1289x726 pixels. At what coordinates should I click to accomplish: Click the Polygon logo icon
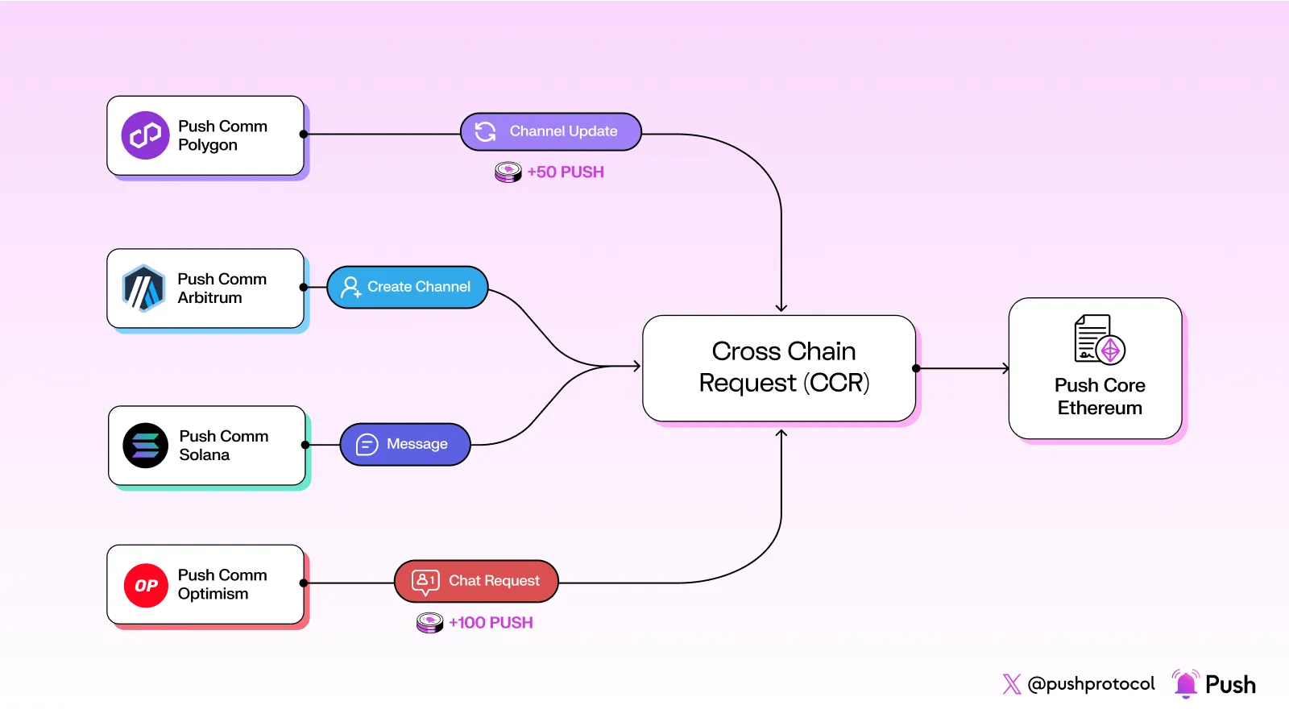pyautogui.click(x=145, y=135)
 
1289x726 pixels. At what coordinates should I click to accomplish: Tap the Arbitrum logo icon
pyautogui.click(x=143, y=288)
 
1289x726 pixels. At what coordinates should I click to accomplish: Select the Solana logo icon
pyautogui.click(x=145, y=446)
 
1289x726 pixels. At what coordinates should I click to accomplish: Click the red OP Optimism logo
pyautogui.click(x=146, y=585)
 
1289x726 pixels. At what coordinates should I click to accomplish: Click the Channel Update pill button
pyautogui.click(x=551, y=131)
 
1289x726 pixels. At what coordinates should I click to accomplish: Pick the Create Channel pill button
pyautogui.click(x=408, y=287)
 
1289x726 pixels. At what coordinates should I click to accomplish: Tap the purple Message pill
pyautogui.click(x=405, y=444)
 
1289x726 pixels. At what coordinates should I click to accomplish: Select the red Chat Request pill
pyautogui.click(x=476, y=581)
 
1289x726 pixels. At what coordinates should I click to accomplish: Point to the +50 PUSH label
pyautogui.click(x=565, y=172)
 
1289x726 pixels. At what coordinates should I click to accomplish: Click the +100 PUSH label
pyautogui.click(x=491, y=623)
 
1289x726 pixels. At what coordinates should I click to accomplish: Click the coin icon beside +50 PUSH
pyautogui.click(x=508, y=172)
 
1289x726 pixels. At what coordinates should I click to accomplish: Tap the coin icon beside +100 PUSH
pyautogui.click(x=429, y=623)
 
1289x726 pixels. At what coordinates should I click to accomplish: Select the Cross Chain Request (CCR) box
pyautogui.click(x=779, y=367)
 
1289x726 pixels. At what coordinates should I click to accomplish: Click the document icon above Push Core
pyautogui.click(x=1099, y=339)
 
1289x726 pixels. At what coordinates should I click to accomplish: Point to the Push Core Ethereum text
pyautogui.click(x=1100, y=396)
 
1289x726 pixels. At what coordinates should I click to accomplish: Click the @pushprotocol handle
pyautogui.click(x=1091, y=684)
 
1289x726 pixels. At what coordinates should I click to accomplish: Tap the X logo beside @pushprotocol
pyautogui.click(x=1012, y=684)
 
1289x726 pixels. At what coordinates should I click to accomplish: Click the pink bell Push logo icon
pyautogui.click(x=1185, y=684)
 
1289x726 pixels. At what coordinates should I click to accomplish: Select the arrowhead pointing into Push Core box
pyautogui.click(x=1005, y=368)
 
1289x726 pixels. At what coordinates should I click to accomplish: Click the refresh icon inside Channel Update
pyautogui.click(x=485, y=131)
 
